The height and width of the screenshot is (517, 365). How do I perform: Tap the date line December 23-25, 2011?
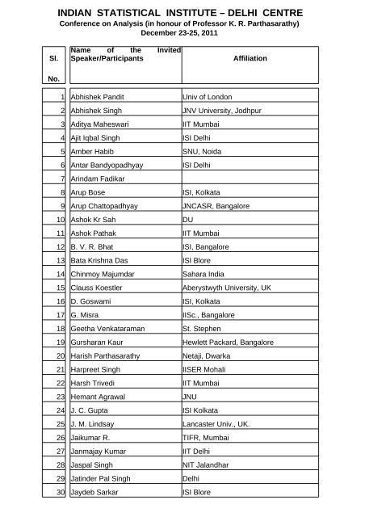182,36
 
